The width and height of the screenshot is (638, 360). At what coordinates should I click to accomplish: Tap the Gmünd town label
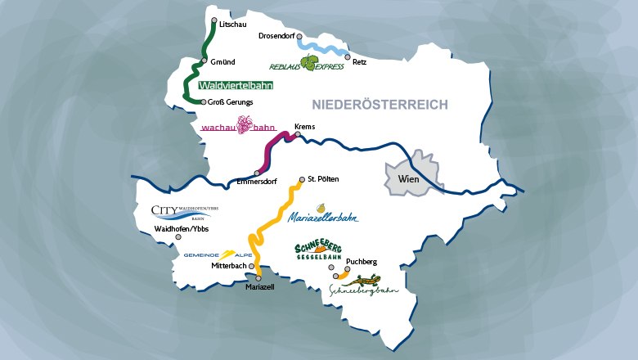tap(223, 61)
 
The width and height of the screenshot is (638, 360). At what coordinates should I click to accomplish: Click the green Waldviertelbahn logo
tap(236, 84)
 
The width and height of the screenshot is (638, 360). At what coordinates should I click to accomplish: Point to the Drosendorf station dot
tap(300, 36)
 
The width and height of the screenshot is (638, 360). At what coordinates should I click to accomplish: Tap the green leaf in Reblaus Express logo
tap(308, 62)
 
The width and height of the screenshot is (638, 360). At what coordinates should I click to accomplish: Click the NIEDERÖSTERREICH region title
tap(380, 105)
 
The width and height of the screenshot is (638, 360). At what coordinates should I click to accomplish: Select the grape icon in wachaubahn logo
tap(245, 125)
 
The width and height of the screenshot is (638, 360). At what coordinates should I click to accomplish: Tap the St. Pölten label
tap(323, 178)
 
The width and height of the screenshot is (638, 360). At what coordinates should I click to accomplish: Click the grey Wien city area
tap(413, 176)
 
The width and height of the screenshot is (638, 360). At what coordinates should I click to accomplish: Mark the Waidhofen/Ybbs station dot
tap(178, 237)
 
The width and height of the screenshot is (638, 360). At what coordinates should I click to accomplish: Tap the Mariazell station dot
tap(258, 278)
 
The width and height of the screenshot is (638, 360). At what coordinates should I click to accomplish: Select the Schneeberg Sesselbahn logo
tap(318, 253)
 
